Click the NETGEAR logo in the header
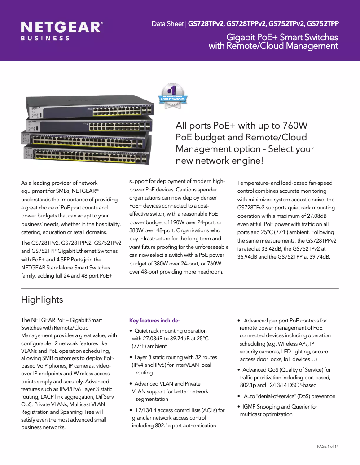[61, 27]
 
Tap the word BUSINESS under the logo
[45, 39]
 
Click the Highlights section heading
[42, 300]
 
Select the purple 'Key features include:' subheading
[154, 321]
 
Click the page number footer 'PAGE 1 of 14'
[328, 446]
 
